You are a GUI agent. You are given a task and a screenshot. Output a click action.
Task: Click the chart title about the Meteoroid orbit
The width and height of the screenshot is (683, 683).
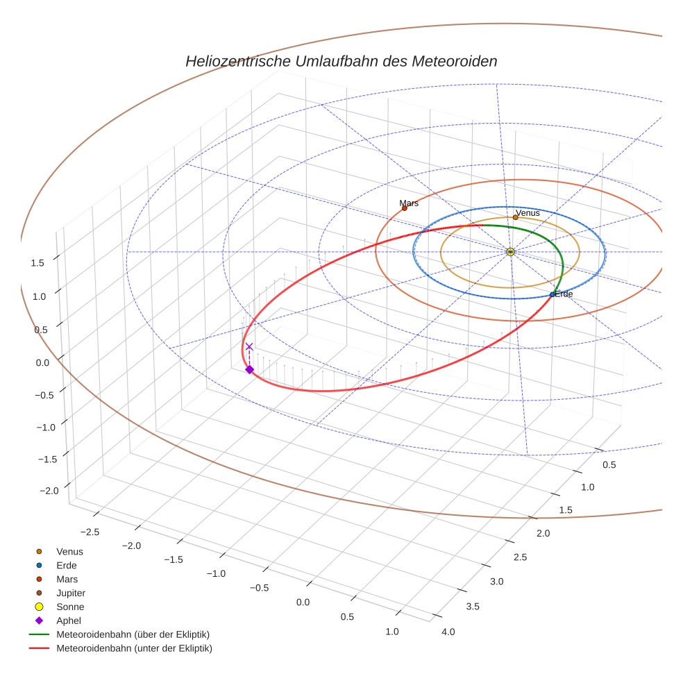click(341, 61)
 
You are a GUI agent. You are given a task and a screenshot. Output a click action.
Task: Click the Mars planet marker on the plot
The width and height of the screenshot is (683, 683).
click(405, 208)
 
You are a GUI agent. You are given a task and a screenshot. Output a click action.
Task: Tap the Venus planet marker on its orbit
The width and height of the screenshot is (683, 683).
click(515, 217)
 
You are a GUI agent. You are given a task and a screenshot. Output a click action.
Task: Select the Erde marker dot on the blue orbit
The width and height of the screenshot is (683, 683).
click(553, 295)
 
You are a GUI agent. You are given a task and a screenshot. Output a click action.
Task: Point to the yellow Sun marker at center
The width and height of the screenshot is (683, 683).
click(510, 252)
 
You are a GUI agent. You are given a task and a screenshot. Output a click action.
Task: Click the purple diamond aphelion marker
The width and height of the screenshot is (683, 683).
click(249, 370)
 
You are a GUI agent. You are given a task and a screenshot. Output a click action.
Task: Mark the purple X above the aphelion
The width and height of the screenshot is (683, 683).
click(249, 346)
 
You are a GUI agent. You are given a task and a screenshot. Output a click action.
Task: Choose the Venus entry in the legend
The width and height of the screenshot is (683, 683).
click(69, 551)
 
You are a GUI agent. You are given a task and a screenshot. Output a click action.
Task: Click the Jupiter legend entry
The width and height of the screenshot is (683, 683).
click(71, 593)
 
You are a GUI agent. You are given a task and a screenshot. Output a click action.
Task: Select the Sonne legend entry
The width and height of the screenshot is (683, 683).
click(70, 607)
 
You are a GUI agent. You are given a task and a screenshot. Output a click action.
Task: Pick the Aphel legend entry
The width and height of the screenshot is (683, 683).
click(68, 621)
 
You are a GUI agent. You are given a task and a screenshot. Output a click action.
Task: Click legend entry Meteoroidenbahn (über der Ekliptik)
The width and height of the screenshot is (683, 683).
click(133, 634)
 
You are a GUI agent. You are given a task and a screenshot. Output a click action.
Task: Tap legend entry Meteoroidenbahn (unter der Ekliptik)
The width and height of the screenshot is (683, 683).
click(134, 648)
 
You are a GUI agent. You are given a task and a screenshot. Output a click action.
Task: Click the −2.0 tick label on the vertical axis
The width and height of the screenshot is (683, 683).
click(49, 491)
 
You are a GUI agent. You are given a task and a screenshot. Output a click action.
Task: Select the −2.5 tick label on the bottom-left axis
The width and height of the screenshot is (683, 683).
click(91, 532)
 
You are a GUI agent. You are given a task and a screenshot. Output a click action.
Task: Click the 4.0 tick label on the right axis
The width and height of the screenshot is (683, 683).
click(448, 632)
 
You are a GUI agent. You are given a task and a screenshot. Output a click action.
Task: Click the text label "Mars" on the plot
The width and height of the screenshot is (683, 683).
click(409, 203)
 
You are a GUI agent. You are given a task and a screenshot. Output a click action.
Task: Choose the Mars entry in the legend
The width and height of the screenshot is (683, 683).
click(67, 579)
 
